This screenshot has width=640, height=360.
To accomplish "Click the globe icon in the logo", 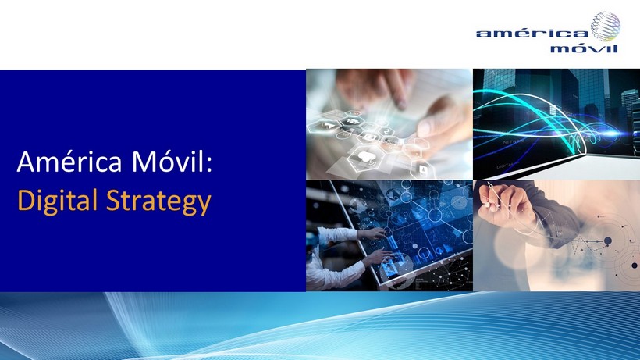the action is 606,27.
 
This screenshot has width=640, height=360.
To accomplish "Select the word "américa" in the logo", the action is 532,33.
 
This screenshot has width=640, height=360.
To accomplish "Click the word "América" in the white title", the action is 69,161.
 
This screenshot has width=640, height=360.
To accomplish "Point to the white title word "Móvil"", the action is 168,161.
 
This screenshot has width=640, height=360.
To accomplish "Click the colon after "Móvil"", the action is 209,165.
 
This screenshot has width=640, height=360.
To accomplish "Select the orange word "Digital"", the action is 57,201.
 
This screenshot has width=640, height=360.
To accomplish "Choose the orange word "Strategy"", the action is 158,201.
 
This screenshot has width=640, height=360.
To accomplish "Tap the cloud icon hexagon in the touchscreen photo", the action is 365,157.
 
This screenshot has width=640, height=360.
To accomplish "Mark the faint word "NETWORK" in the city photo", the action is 514,142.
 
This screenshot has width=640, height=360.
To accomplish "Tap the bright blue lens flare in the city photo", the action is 612,133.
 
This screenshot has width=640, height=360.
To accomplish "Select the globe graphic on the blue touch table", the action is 358,203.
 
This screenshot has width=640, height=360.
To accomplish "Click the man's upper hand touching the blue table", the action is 372,233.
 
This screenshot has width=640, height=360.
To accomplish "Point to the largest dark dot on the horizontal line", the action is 607,241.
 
